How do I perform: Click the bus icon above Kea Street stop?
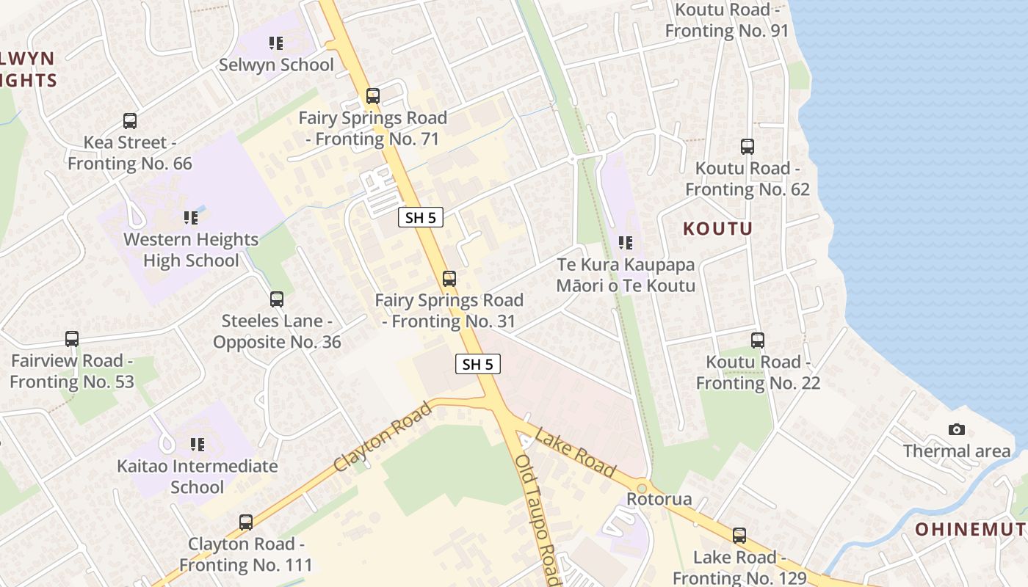coord(130,121)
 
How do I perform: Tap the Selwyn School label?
coord(276,65)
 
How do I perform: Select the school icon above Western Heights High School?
coord(191,218)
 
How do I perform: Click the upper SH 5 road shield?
coord(421,217)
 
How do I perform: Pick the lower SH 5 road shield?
coord(478,363)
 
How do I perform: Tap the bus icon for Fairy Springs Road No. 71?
coord(373,96)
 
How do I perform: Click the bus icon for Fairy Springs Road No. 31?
coord(449,279)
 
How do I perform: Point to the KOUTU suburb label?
coord(717,228)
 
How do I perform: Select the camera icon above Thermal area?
coord(957,429)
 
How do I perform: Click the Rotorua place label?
coord(659,499)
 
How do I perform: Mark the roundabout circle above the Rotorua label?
coord(642,487)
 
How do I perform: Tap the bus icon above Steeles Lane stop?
coord(277,299)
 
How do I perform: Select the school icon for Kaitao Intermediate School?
coord(198,445)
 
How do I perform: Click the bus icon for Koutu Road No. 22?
coord(758,340)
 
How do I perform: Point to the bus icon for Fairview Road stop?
coord(72,339)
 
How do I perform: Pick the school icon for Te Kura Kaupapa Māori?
coord(626,243)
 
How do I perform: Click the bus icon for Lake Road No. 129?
coord(739,536)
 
